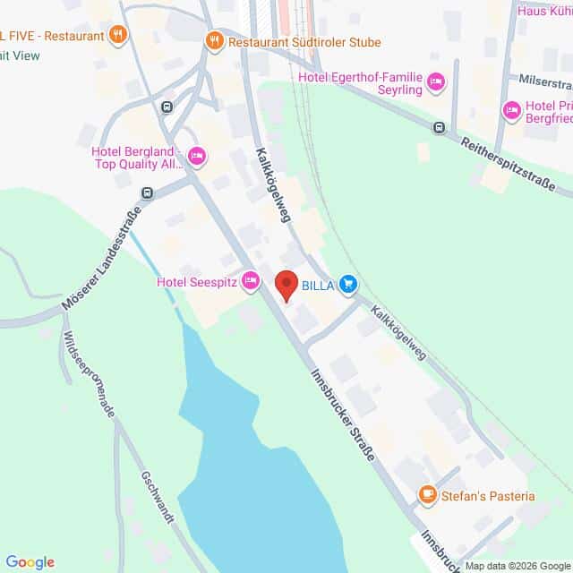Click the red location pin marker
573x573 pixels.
pos(286,285)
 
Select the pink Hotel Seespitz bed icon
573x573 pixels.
pos(252,282)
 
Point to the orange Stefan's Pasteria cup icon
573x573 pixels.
pos(428,495)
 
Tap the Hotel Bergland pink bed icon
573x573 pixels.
pos(197,157)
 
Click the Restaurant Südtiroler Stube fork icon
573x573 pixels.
pos(214,40)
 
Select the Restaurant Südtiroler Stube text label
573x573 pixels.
pos(304,42)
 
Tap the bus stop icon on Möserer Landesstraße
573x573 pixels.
pos(147,192)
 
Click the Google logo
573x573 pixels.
pos(30,561)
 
